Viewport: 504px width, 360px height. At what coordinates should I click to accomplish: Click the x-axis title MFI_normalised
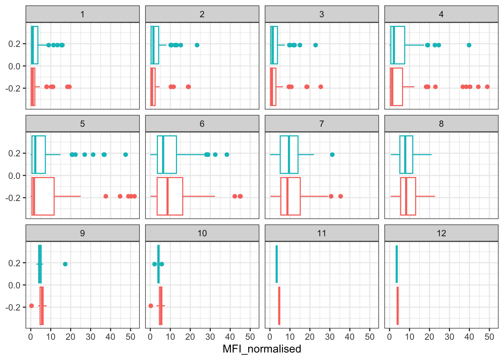click(x=262, y=349)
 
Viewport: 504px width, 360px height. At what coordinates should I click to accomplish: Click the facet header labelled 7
click(x=321, y=124)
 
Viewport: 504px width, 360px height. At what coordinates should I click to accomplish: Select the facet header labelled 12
click(x=441, y=233)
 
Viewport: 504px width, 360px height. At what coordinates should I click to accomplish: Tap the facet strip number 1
click(x=82, y=14)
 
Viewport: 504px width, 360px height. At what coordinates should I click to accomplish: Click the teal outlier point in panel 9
click(x=65, y=264)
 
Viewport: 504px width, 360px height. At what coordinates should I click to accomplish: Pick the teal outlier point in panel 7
click(x=332, y=154)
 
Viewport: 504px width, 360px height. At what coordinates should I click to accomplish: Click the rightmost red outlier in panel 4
click(x=487, y=87)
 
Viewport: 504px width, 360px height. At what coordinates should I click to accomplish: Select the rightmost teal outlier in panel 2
click(x=197, y=45)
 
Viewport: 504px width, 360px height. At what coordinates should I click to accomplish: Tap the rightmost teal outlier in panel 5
click(x=126, y=154)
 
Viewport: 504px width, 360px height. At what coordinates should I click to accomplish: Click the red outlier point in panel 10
click(x=151, y=306)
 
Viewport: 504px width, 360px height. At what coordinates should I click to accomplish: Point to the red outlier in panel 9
click(x=31, y=306)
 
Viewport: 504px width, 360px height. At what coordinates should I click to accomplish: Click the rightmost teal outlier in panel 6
click(x=227, y=154)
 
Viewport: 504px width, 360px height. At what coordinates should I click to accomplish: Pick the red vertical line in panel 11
click(x=279, y=306)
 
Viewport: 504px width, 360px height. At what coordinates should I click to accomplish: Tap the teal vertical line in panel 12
click(x=397, y=264)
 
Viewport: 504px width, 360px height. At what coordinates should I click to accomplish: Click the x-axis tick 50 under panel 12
click(x=489, y=337)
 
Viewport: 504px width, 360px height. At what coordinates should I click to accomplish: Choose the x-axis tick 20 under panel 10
click(x=190, y=337)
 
